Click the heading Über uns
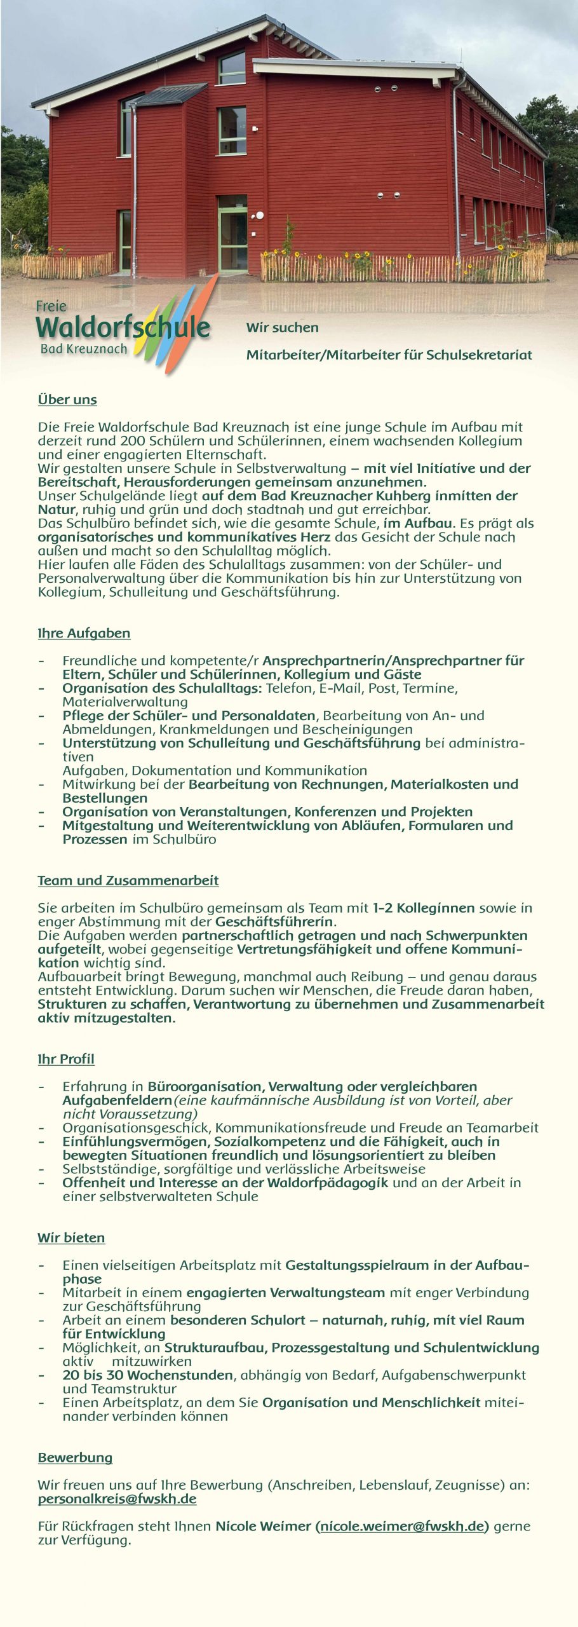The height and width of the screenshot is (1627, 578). tap(67, 400)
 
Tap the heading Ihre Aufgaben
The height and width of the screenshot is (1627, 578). tap(84, 633)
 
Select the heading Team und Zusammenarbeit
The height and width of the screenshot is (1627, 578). tap(128, 880)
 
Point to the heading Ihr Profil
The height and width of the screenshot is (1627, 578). tap(66, 1059)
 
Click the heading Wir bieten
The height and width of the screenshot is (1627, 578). tap(71, 1237)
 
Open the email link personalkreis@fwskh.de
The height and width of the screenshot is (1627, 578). tap(117, 1499)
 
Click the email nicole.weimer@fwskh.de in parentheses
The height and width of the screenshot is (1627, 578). tap(402, 1526)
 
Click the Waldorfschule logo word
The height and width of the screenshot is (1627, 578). tap(123, 327)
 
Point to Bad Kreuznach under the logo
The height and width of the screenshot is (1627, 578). tap(83, 349)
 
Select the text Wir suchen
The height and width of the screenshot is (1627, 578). tap(282, 328)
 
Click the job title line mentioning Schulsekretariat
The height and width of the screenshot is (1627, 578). tap(389, 355)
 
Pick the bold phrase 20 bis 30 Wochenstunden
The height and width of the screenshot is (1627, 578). tap(147, 1375)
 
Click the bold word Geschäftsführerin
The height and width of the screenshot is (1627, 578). tap(274, 922)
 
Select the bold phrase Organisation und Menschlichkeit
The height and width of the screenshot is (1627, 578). tap(371, 1402)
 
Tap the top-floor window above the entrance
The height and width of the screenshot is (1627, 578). tap(232, 68)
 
